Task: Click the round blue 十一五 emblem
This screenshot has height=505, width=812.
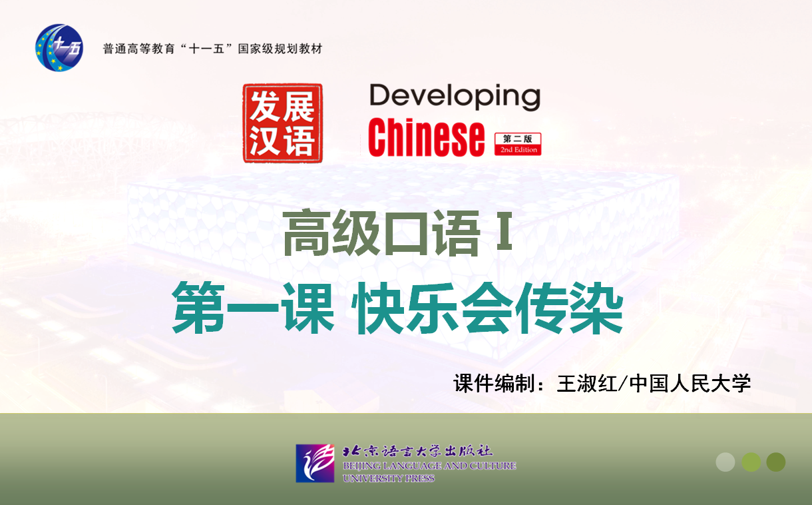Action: tap(59, 47)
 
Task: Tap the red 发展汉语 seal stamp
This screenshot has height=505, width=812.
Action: tap(283, 123)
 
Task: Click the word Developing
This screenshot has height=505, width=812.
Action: tap(455, 97)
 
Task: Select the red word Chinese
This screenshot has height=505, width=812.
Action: tap(426, 138)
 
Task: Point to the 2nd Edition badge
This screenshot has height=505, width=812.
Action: tap(518, 144)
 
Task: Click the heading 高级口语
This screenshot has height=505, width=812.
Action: tap(382, 233)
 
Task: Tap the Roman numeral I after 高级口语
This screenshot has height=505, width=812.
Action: tap(505, 231)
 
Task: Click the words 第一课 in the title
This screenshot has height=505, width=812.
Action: tap(253, 308)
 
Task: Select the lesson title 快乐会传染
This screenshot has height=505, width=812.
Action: tap(488, 308)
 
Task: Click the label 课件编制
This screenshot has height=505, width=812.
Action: tap(494, 384)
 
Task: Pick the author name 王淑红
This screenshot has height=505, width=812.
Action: tap(586, 384)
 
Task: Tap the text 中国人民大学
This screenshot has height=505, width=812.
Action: tap(690, 384)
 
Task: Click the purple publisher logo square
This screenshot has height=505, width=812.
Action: tap(315, 463)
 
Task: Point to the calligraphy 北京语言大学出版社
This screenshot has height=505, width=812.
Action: tap(417, 451)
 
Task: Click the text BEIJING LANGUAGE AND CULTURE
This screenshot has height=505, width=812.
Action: tap(429, 466)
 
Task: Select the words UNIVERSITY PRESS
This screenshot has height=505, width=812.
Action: tap(389, 478)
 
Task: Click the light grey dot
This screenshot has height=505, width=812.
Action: tap(725, 462)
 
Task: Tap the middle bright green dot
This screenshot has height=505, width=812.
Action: tap(751, 462)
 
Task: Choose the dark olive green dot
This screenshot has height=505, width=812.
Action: tap(776, 462)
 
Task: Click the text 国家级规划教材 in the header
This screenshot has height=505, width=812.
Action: tap(280, 49)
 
